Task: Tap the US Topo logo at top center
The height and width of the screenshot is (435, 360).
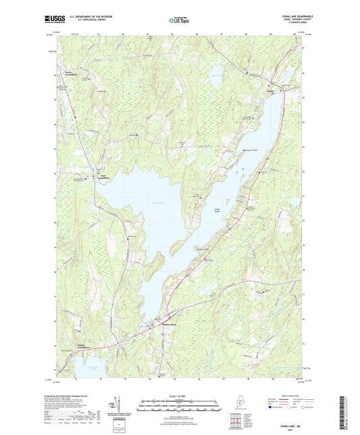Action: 179,21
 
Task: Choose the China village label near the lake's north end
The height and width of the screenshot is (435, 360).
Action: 272,89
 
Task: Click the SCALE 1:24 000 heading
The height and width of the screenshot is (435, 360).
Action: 179,395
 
